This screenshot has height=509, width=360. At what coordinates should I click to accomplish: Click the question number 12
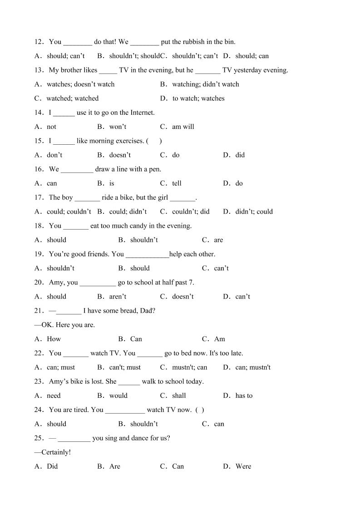(38, 42)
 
